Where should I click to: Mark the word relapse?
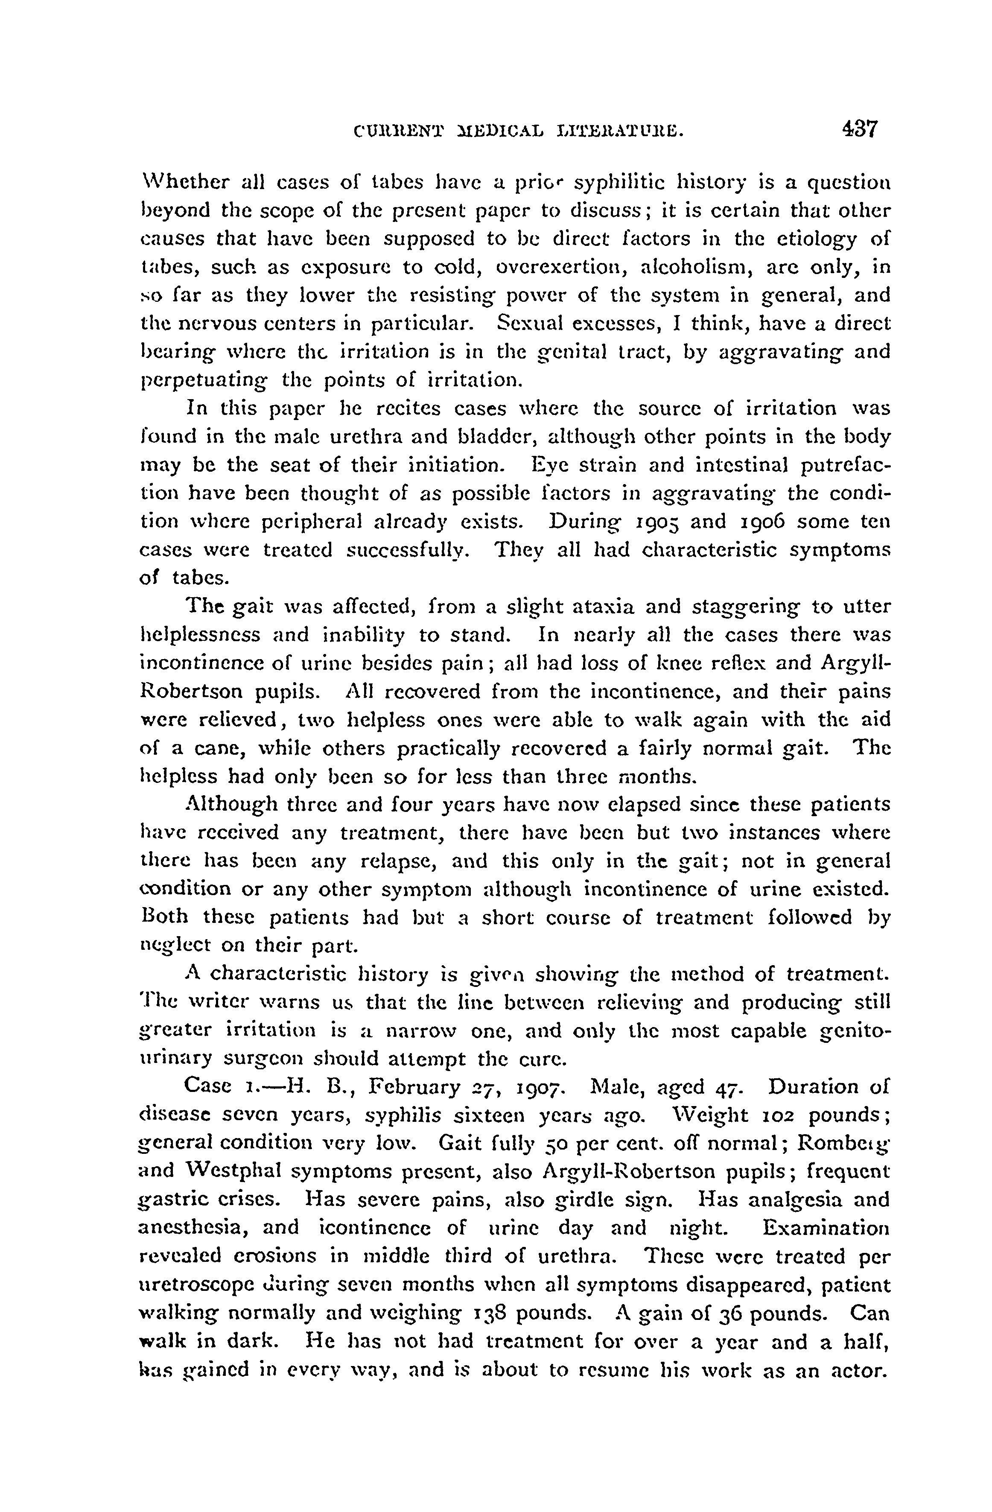[x=398, y=861]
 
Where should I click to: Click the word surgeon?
[x=262, y=1059]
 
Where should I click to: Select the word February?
[x=421, y=1088]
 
